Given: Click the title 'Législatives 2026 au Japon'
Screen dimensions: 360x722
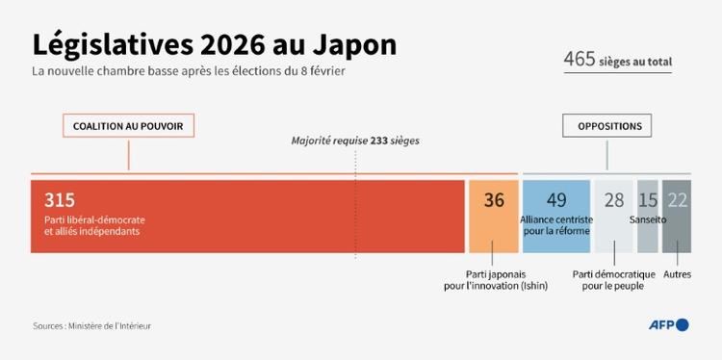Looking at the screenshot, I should click(214, 45).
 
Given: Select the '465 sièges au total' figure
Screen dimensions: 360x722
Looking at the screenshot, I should click(617, 60).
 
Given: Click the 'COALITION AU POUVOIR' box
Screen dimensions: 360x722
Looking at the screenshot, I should click(129, 126).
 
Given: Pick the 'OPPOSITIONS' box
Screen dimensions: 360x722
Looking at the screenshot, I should click(607, 126).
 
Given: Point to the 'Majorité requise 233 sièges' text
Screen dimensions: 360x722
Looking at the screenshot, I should click(355, 141).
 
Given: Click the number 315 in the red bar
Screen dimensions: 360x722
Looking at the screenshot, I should click(60, 200).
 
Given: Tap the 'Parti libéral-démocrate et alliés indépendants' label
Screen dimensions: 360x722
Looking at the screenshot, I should click(93, 226).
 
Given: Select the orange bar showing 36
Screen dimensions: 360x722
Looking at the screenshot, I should click(494, 216).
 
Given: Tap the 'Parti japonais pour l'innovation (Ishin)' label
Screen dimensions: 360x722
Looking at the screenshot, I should click(494, 280).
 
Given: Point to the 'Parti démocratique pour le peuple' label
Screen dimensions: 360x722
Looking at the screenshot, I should click(613, 280).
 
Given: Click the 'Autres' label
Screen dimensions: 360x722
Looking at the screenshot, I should click(677, 274).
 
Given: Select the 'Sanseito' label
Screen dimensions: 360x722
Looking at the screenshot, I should click(647, 219).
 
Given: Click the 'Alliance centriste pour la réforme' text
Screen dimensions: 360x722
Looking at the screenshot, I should click(556, 225).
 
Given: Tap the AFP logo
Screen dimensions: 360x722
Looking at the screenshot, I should click(667, 324).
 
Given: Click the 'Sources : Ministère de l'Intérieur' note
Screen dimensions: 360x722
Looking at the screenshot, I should click(91, 326).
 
